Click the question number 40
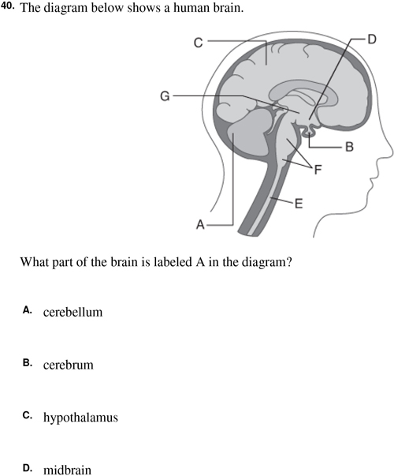coord(7,6)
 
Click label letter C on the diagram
coord(198,43)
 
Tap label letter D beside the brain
coord(372,39)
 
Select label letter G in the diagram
coord(165,96)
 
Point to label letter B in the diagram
coord(349,147)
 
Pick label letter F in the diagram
coord(318,170)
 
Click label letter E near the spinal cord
coord(299,204)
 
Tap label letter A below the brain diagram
coord(200,225)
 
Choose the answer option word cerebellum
coord(72,312)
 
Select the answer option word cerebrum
coord(69,365)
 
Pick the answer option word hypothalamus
coord(80,418)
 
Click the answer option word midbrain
coord(67,470)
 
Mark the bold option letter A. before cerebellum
coord(28,310)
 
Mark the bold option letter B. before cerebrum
coord(28,362)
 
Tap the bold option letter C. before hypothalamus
coord(28,415)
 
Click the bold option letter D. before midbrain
coord(28,468)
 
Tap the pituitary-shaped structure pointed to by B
coord(309,131)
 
